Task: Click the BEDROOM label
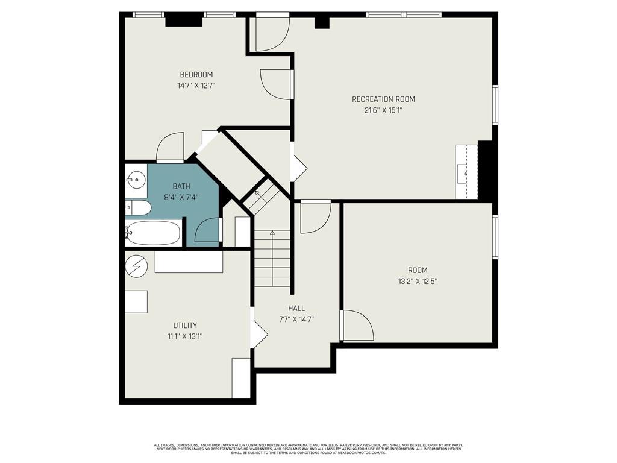pyautogui.click(x=196, y=74)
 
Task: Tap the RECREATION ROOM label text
pyautogui.click(x=383, y=99)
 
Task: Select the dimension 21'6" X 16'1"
pyautogui.click(x=383, y=110)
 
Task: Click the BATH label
pyautogui.click(x=181, y=186)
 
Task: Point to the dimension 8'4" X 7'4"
pyautogui.click(x=181, y=197)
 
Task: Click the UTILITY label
pyautogui.click(x=185, y=325)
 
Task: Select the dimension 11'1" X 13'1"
pyautogui.click(x=185, y=336)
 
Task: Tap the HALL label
pyautogui.click(x=296, y=308)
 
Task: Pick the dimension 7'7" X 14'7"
pyautogui.click(x=296, y=320)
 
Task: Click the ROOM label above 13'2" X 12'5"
pyautogui.click(x=418, y=270)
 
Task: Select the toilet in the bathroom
pyautogui.click(x=138, y=207)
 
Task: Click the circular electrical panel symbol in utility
pyautogui.click(x=136, y=266)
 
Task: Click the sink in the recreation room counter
pyautogui.click(x=466, y=174)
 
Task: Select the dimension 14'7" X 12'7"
pyautogui.click(x=196, y=86)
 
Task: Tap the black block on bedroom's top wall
pyautogui.click(x=181, y=20)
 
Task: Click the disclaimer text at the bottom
pyautogui.click(x=308, y=449)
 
